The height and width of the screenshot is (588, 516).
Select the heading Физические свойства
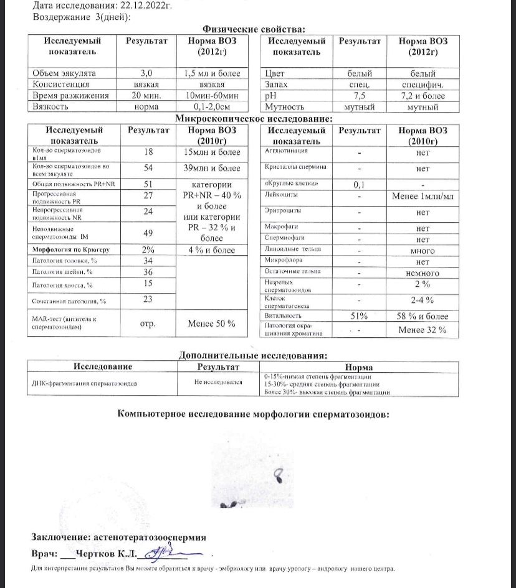click(255, 29)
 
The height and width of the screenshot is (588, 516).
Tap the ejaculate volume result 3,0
click(146, 73)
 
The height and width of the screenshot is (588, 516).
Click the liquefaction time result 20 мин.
click(146, 96)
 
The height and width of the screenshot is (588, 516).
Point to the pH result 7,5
click(360, 96)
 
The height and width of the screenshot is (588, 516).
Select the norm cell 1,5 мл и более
click(212, 73)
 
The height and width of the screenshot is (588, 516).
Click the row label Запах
click(279, 85)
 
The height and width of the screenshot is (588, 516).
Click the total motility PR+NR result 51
click(148, 185)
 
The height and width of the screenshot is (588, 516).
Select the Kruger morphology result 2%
click(148, 250)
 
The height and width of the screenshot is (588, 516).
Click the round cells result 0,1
click(360, 185)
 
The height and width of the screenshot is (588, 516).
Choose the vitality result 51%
click(360, 316)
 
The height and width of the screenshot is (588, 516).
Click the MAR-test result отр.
click(148, 324)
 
